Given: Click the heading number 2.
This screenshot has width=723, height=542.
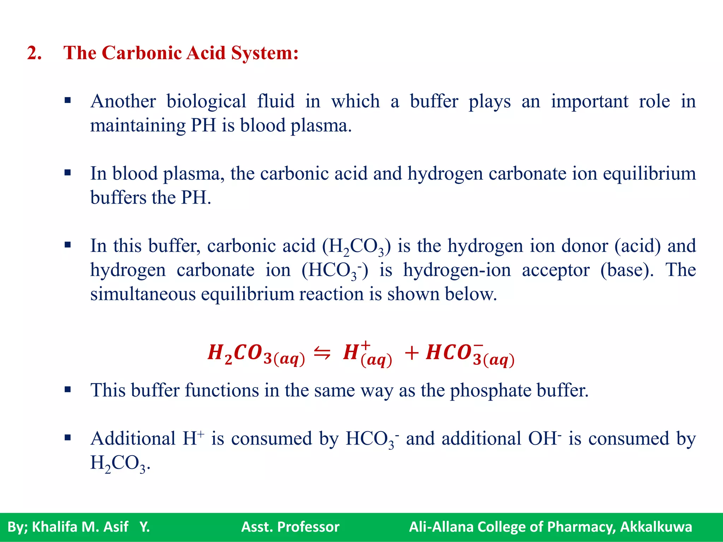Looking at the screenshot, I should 34,53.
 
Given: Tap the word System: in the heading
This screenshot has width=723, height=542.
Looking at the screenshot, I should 265,53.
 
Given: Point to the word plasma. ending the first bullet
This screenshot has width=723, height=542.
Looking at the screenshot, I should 321,126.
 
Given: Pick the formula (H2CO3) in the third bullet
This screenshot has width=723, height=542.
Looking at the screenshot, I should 357,247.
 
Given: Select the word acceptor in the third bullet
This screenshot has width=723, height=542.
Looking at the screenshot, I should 556,271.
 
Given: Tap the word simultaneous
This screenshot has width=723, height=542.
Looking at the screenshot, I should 143,294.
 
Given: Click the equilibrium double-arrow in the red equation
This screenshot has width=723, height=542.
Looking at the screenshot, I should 322,352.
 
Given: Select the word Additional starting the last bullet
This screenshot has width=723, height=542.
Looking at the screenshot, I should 133,439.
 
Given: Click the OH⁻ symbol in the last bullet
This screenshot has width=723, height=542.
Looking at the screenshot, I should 544,439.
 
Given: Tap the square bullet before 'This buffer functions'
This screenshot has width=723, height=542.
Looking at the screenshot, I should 68,390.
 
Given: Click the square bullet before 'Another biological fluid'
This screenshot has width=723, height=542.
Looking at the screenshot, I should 68,101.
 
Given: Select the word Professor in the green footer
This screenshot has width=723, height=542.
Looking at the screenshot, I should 308,527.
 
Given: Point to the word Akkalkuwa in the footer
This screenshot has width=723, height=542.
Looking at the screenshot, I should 656,527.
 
